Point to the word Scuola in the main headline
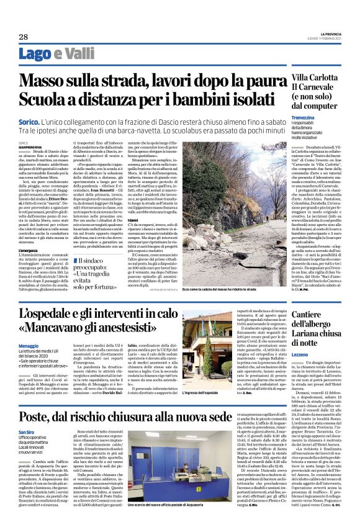[x=48, y=99]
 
